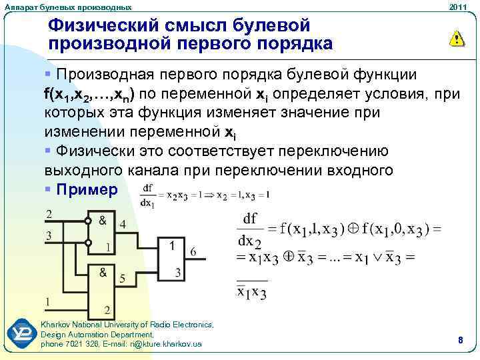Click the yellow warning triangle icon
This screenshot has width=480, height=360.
456,39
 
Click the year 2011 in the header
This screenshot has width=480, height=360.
457,7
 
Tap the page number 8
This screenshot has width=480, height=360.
460,340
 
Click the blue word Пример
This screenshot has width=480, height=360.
87,189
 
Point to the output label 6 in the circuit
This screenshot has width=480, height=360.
193,252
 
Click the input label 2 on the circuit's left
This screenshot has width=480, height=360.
48,214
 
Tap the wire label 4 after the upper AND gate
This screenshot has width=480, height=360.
123,225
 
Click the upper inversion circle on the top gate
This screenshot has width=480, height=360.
87,221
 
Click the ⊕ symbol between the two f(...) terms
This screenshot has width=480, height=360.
355,230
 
